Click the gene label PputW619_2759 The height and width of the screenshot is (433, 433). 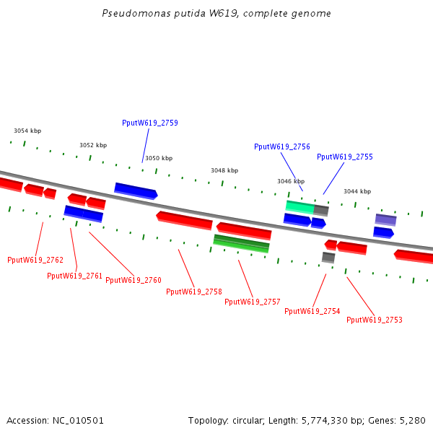(150, 123)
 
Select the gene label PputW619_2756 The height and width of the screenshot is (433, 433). (282, 146)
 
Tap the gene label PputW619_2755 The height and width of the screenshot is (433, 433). (345, 157)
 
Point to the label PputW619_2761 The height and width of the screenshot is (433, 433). (75, 276)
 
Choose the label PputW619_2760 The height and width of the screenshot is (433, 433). (134, 280)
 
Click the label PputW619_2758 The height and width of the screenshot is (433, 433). (194, 292)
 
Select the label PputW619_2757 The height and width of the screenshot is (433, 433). (253, 302)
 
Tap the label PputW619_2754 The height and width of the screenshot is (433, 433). (312, 311)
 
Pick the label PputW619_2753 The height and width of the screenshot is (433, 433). (375, 320)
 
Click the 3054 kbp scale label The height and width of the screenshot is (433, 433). (27, 131)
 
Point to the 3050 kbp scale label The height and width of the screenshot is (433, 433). (159, 158)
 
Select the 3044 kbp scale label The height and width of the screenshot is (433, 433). (357, 191)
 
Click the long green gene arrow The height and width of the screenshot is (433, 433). (241, 243)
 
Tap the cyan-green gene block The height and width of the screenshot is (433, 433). (299, 207)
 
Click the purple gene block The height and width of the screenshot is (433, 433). (385, 219)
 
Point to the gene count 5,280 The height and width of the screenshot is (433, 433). (413, 420)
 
